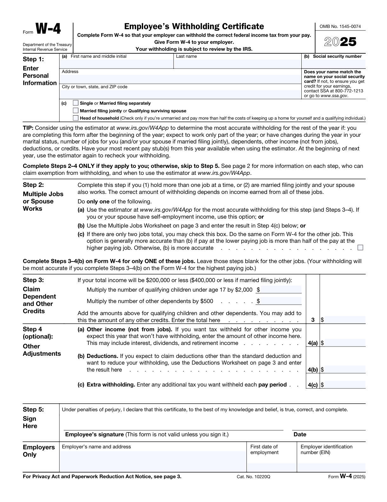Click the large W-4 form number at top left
pos(48,29)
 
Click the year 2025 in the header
pos(340,42)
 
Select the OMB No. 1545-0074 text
pos(340,27)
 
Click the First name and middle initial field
pos(116,64)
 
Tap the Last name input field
pos(237,64)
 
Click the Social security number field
pos(333,64)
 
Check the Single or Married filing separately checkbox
pos(75,103)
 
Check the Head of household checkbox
pos(75,118)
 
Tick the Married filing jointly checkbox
pos(75,110)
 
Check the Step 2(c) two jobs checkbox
pos(360,248)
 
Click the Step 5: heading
pos(33,409)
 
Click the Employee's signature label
pos(94,434)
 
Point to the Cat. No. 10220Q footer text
pos(253,477)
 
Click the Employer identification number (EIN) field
pos(331,467)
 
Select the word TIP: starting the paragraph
pos(28,128)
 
